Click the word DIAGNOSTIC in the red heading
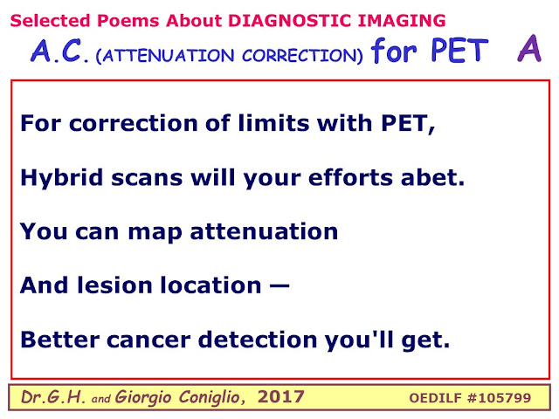coord(290,21)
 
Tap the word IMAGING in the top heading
coord(402,21)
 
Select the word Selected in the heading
coord(51,21)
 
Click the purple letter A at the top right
coord(529,49)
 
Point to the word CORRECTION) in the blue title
coord(302,56)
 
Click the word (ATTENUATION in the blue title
coord(165,56)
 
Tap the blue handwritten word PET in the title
coord(459,51)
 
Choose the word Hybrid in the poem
coord(62,178)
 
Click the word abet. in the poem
coord(433,177)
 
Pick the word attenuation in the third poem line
coord(264,231)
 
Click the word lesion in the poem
coord(115,285)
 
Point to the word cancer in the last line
coord(148,340)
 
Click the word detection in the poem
coord(258,339)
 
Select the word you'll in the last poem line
coord(359,340)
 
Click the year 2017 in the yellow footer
coord(281,396)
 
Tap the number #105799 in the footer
coord(499,398)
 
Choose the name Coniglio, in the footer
coord(211,398)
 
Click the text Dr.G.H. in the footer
coord(53,397)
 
